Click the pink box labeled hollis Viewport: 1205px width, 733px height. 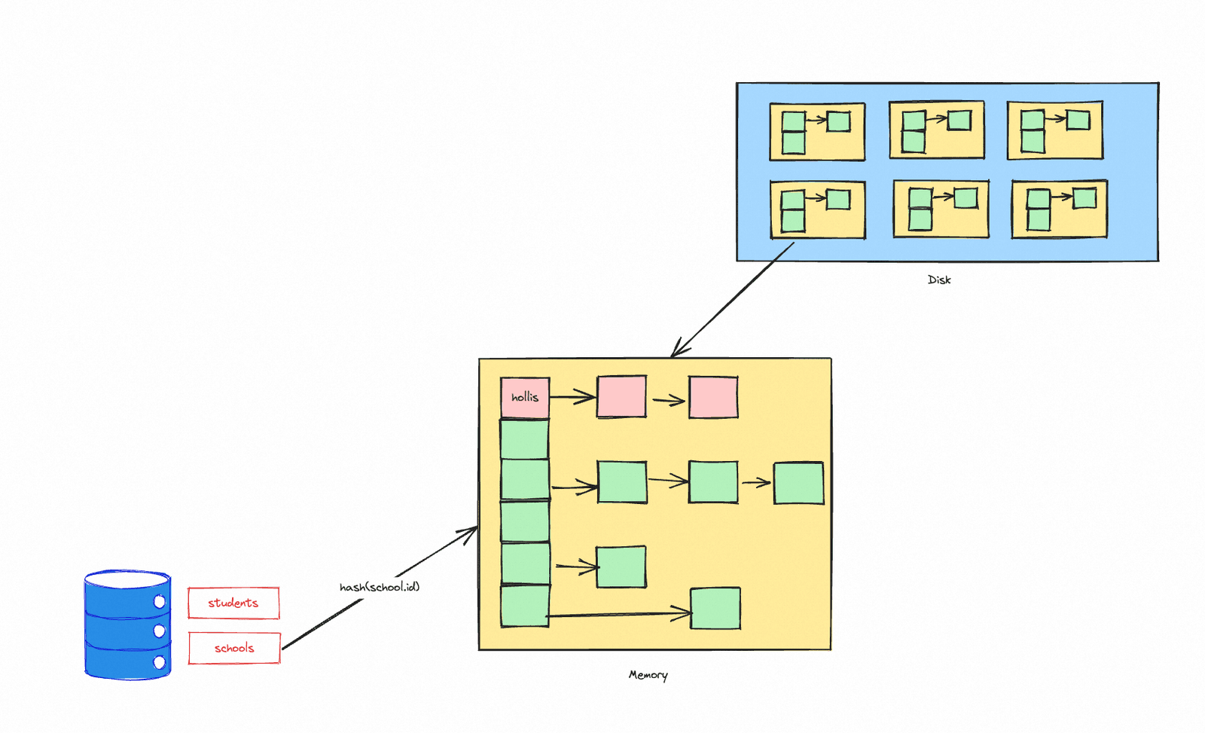click(524, 398)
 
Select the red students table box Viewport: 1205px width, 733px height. click(233, 603)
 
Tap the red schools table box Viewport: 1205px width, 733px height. click(234, 648)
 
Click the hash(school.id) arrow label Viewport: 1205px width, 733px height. click(380, 587)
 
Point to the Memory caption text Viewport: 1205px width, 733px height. click(648, 675)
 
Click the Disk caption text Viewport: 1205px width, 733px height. click(939, 279)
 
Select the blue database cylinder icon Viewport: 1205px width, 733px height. click(127, 625)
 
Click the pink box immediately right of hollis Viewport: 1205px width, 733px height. click(621, 397)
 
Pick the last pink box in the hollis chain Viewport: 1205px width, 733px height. click(713, 397)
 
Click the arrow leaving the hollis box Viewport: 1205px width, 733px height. click(572, 397)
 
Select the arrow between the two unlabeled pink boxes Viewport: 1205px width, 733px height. click(669, 401)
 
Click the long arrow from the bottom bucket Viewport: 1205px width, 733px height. click(618, 614)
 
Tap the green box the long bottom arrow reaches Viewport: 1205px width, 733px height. click(715, 608)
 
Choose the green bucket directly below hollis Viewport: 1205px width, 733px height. click(524, 439)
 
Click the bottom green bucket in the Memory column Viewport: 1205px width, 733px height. click(524, 606)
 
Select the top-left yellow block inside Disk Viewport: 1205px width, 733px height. click(817, 132)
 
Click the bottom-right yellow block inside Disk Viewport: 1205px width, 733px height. click(1059, 209)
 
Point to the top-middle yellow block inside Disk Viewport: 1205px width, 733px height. click(937, 130)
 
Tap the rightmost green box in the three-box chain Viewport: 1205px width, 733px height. click(798, 484)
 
